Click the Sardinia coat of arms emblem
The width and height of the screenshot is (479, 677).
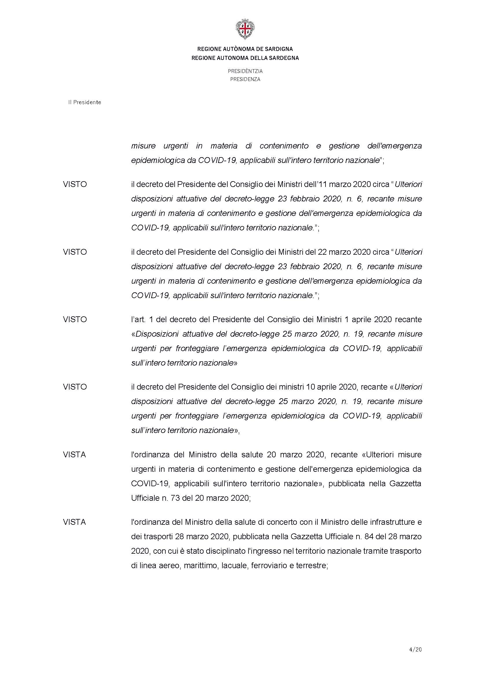[245, 29]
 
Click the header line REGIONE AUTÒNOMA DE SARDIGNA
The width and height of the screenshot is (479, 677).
[245, 49]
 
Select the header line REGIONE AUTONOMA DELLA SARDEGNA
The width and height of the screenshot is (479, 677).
[245, 58]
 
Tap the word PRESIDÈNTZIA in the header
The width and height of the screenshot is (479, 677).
[245, 71]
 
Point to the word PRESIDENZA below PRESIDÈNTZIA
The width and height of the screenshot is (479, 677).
[245, 79]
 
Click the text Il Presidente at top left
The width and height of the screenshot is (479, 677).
[85, 102]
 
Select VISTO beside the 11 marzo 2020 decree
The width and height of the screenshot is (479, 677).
[75, 184]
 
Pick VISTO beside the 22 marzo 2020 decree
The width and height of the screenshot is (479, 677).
[75, 252]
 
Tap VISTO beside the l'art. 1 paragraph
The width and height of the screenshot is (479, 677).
[75, 320]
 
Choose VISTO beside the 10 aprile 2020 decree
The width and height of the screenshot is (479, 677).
[75, 387]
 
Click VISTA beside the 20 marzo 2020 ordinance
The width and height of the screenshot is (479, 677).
[74, 455]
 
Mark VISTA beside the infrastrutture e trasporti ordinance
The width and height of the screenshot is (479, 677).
[74, 522]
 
